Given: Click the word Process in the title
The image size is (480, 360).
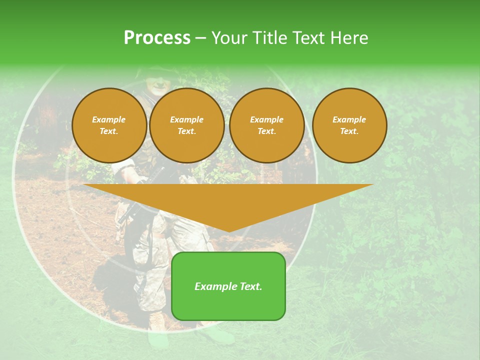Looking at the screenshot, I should pyautogui.click(x=157, y=37).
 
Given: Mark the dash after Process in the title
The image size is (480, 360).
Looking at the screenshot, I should pyautogui.click(x=201, y=38).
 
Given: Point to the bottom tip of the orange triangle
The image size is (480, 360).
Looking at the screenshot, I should pyautogui.click(x=228, y=231).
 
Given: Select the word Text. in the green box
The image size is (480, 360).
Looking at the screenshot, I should pyautogui.click(x=250, y=286).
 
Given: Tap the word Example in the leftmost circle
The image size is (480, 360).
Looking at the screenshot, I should pyautogui.click(x=109, y=119).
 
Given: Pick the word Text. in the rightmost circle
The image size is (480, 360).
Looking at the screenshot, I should pyautogui.click(x=349, y=131).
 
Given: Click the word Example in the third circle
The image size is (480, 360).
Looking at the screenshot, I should pyautogui.click(x=266, y=119).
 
